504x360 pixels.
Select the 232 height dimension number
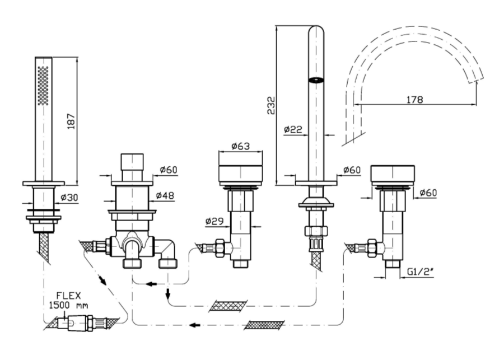point(271,105)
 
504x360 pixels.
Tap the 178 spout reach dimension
point(415,100)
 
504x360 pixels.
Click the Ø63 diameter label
point(241,147)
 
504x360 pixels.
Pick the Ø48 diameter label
point(166,195)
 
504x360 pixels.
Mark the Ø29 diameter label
point(215,221)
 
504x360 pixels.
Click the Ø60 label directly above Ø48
point(168,170)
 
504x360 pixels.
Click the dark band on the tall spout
point(316,80)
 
